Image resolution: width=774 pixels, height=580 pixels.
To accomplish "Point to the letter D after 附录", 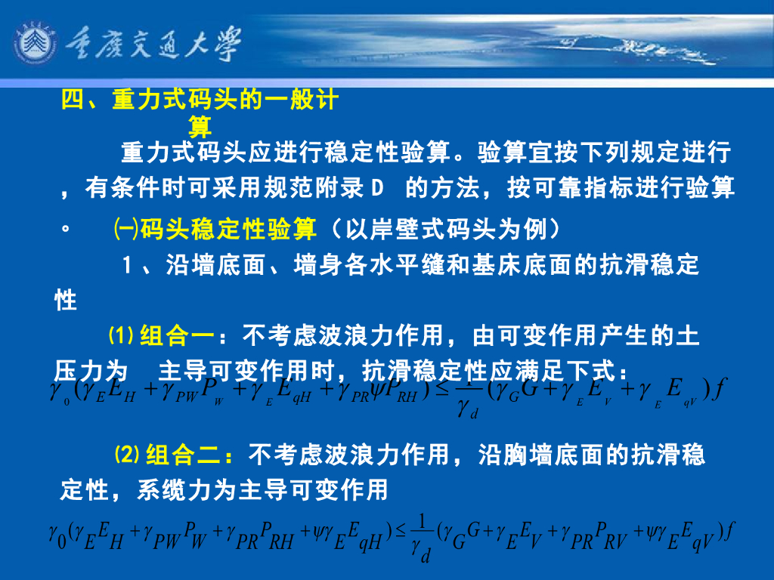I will click(379, 188).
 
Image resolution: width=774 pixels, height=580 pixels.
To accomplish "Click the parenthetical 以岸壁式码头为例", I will click(446, 227).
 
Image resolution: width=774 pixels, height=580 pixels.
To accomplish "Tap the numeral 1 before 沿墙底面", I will click(128, 266).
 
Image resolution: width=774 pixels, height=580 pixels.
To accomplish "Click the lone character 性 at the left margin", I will click(66, 300).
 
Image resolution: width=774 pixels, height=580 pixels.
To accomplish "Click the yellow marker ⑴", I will click(121, 335).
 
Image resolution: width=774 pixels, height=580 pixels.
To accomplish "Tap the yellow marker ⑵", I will click(127, 455).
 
